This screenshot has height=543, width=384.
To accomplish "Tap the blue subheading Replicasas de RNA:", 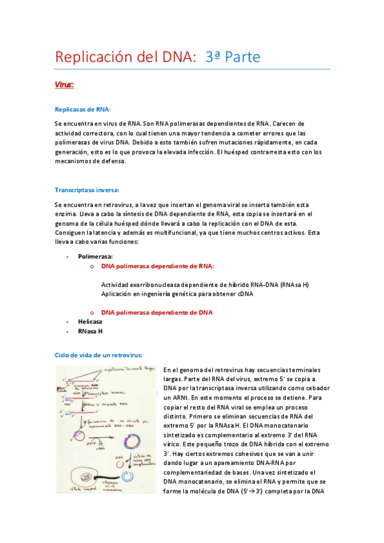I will pyautogui.click(x=83, y=109).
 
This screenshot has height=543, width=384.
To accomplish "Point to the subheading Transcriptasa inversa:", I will pyautogui.click(x=87, y=190).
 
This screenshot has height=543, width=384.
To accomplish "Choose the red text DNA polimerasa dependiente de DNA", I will pyautogui.click(x=157, y=312).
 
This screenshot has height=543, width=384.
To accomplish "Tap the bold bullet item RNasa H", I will pyautogui.click(x=90, y=331).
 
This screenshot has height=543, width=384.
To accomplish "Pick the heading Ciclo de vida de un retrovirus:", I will pyautogui.click(x=98, y=355).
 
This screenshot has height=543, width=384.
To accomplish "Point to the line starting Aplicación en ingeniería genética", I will pyautogui.click(x=178, y=294).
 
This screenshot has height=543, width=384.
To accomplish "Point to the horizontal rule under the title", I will pyautogui.click(x=192, y=69).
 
